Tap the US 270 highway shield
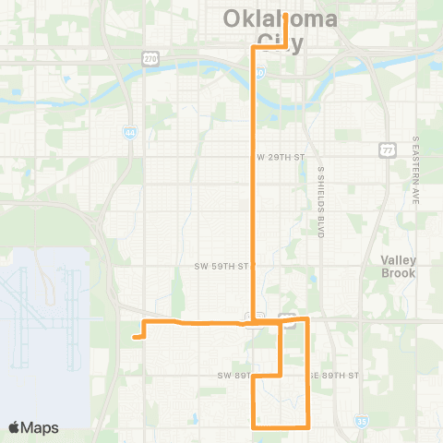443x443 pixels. [x=150, y=57]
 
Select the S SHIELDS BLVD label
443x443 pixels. [x=321, y=203]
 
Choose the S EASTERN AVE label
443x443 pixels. [x=416, y=170]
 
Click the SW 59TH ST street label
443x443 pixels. [x=221, y=266]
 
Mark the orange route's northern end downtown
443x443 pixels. [x=286, y=16]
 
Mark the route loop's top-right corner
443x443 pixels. [x=307, y=319]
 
